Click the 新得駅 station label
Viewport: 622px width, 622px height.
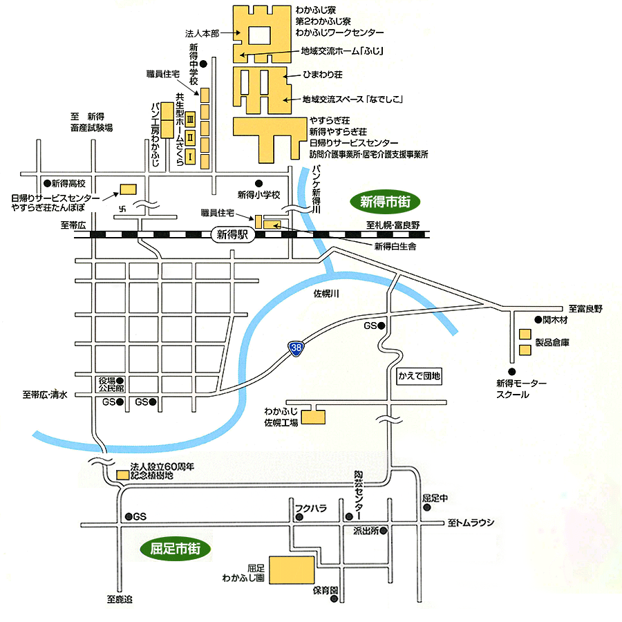pyautogui.click(x=232, y=235)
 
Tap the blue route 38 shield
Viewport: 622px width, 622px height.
pyautogui.click(x=295, y=348)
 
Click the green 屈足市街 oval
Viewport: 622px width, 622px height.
pyautogui.click(x=175, y=549)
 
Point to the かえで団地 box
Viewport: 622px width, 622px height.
pyautogui.click(x=419, y=376)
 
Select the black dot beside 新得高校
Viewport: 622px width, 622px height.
pyautogui.click(x=46, y=183)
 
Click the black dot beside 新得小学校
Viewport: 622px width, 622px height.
pyautogui.click(x=258, y=183)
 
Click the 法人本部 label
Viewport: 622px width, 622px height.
pyautogui.click(x=202, y=33)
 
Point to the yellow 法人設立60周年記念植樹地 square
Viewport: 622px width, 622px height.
pyautogui.click(x=122, y=475)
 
